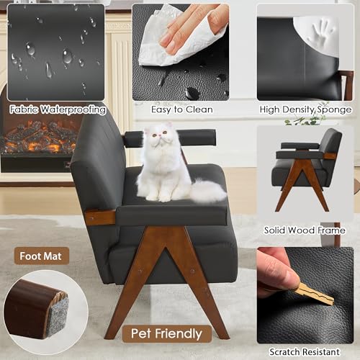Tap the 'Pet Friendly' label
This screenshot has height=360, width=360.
coord(166,333)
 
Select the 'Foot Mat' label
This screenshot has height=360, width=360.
coord(41,256)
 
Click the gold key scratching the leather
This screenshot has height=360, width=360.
coord(315,294)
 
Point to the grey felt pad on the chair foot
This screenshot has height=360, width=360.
coord(58,315)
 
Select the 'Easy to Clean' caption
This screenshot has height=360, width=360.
coord(182,109)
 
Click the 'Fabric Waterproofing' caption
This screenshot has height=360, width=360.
coord(58,109)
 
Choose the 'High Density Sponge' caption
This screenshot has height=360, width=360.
coord(305,109)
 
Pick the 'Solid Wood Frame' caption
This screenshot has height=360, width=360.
coord(305,230)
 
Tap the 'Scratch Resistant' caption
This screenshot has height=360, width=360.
coord(305,352)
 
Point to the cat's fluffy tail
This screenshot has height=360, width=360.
coord(208,191)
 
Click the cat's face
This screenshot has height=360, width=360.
coord(158,135)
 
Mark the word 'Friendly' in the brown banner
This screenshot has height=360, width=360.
coord(179,333)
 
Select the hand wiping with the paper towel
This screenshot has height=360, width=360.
coord(192,27)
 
